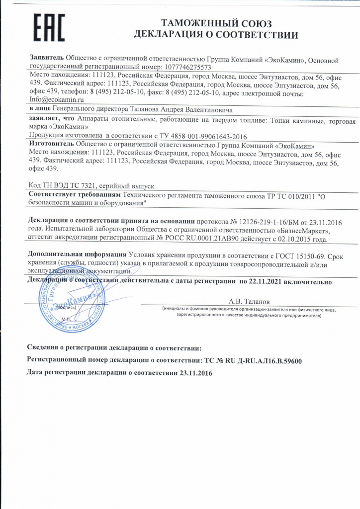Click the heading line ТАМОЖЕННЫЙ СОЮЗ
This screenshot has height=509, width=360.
(216, 23)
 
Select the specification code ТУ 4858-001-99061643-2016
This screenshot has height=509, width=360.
(199, 136)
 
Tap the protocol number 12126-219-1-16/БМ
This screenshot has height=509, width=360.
(254, 221)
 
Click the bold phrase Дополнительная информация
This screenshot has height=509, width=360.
(77, 254)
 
